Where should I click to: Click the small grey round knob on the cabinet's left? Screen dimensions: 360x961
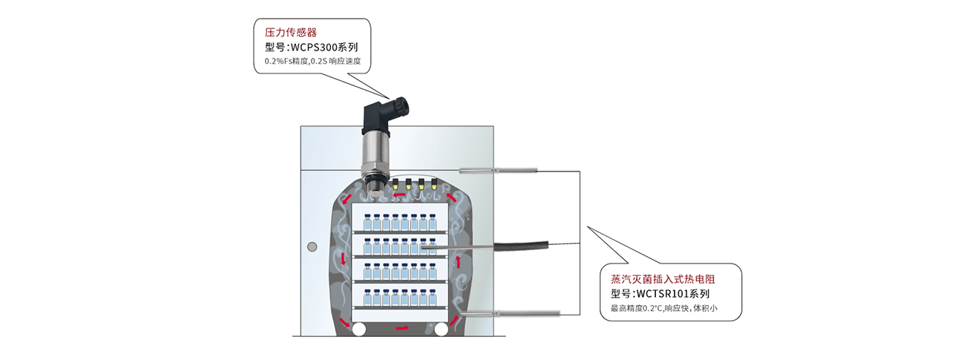(313, 245)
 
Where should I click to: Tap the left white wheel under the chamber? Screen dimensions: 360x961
(361, 328)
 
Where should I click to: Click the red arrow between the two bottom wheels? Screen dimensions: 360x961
(401, 327)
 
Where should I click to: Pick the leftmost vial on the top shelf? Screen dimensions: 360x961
(367, 221)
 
